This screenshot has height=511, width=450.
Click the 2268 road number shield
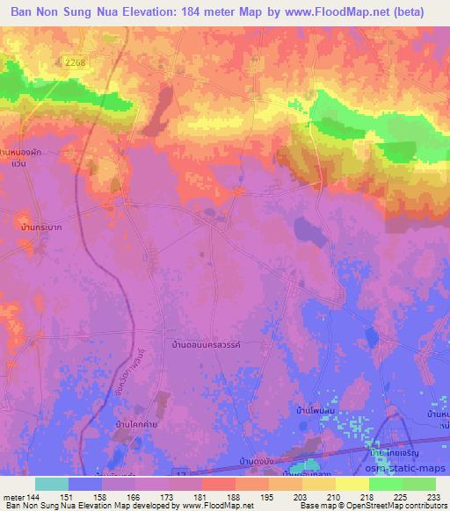[x=76, y=59]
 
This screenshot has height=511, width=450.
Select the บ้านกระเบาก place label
[x=25, y=226]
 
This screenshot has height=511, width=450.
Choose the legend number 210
[x=333, y=497]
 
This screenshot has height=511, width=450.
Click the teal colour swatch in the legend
[x=52, y=484]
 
